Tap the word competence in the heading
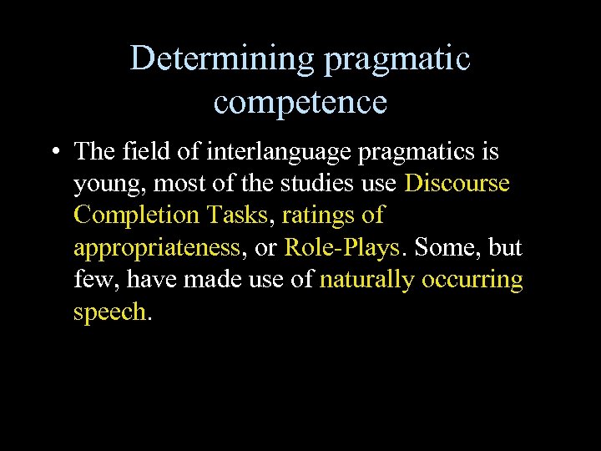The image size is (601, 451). [300, 102]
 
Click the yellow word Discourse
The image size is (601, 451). [457, 183]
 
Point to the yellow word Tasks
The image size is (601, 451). [238, 215]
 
